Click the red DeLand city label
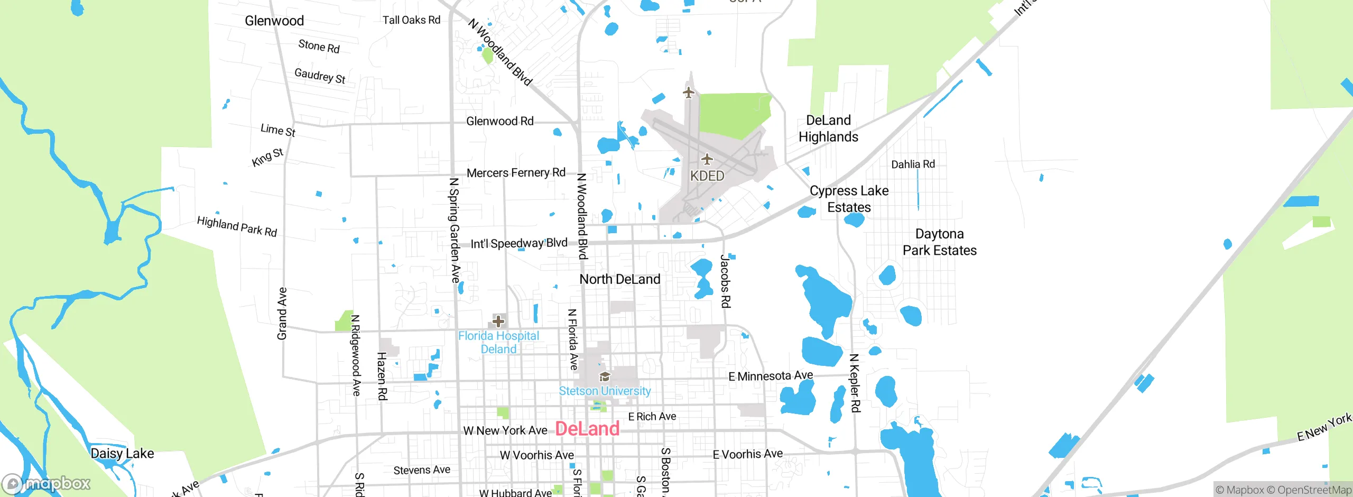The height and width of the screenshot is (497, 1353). click(x=587, y=429)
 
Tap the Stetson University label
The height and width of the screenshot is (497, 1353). click(x=605, y=391)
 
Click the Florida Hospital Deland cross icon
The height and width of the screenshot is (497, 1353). click(x=498, y=321)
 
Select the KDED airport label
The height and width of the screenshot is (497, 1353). click(x=707, y=176)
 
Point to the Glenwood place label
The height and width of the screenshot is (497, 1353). click(x=274, y=21)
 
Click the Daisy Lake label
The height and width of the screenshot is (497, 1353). click(x=122, y=454)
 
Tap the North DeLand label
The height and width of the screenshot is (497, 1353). click(x=619, y=279)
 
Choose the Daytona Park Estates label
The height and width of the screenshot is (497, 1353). click(x=939, y=242)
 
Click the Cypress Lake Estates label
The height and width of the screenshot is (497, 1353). click(x=849, y=199)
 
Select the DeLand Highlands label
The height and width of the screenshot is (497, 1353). click(x=828, y=128)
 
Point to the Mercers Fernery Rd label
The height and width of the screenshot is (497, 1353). click(x=516, y=173)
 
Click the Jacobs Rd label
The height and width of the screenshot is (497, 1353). click(x=726, y=281)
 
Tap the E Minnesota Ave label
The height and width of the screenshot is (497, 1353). click(x=771, y=376)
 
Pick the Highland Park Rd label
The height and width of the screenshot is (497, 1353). click(x=237, y=226)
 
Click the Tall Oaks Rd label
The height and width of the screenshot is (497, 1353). click(x=411, y=20)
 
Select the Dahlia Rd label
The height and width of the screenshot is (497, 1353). click(x=913, y=164)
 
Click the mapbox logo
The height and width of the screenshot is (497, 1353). click(x=47, y=483)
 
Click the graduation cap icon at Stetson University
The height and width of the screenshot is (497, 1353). click(x=605, y=376)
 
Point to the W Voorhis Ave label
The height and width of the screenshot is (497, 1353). click(x=536, y=455)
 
